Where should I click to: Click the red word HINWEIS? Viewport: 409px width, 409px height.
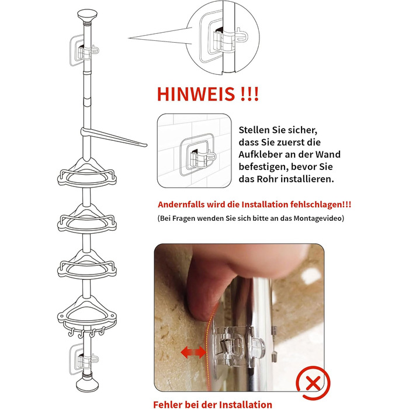(196, 94)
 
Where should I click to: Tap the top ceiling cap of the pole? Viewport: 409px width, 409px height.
(87, 16)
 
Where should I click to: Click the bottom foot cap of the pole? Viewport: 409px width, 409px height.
(88, 384)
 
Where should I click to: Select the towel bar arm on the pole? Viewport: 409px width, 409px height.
(113, 137)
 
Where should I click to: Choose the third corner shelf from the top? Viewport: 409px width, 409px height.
(87, 265)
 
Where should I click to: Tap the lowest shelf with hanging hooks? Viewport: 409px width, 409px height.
(87, 315)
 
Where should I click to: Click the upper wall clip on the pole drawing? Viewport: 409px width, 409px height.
(84, 50)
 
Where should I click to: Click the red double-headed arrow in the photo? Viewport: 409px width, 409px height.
(193, 352)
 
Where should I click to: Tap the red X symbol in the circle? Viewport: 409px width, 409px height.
(313, 383)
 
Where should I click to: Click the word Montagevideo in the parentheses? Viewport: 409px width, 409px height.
(317, 218)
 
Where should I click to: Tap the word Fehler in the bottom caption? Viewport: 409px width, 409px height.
(168, 404)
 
